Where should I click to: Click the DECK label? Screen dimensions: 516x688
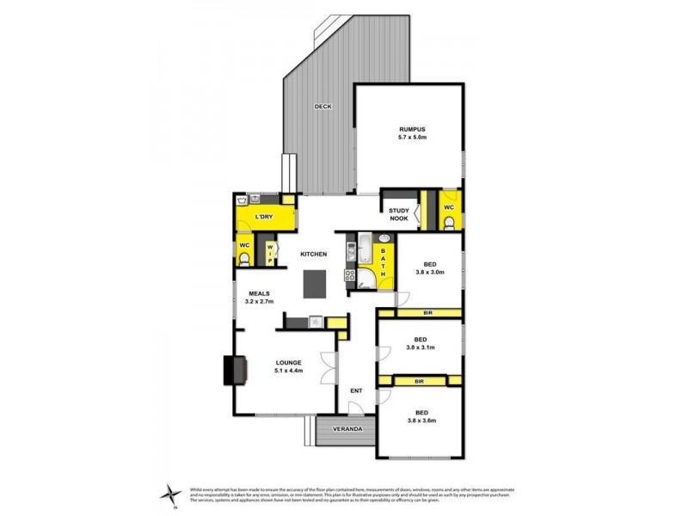[x=322, y=107]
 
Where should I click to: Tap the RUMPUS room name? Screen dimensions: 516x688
[x=412, y=129]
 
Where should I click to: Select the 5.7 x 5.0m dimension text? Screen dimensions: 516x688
[x=412, y=138]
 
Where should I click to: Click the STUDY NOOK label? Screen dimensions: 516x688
[x=398, y=215]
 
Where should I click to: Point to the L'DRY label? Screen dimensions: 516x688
[x=263, y=218]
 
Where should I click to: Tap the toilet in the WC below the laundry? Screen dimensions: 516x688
[x=244, y=261]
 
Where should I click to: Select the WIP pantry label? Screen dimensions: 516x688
[x=269, y=253]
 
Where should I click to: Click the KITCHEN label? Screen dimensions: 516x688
[x=313, y=255]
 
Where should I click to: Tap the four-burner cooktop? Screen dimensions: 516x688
[x=351, y=276]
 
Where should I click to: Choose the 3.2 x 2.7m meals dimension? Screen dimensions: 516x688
[x=260, y=302]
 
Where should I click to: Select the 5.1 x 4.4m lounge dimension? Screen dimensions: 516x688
[x=288, y=371]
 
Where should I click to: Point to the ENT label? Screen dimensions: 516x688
[x=356, y=392]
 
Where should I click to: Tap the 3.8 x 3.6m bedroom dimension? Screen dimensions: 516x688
[x=422, y=421]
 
